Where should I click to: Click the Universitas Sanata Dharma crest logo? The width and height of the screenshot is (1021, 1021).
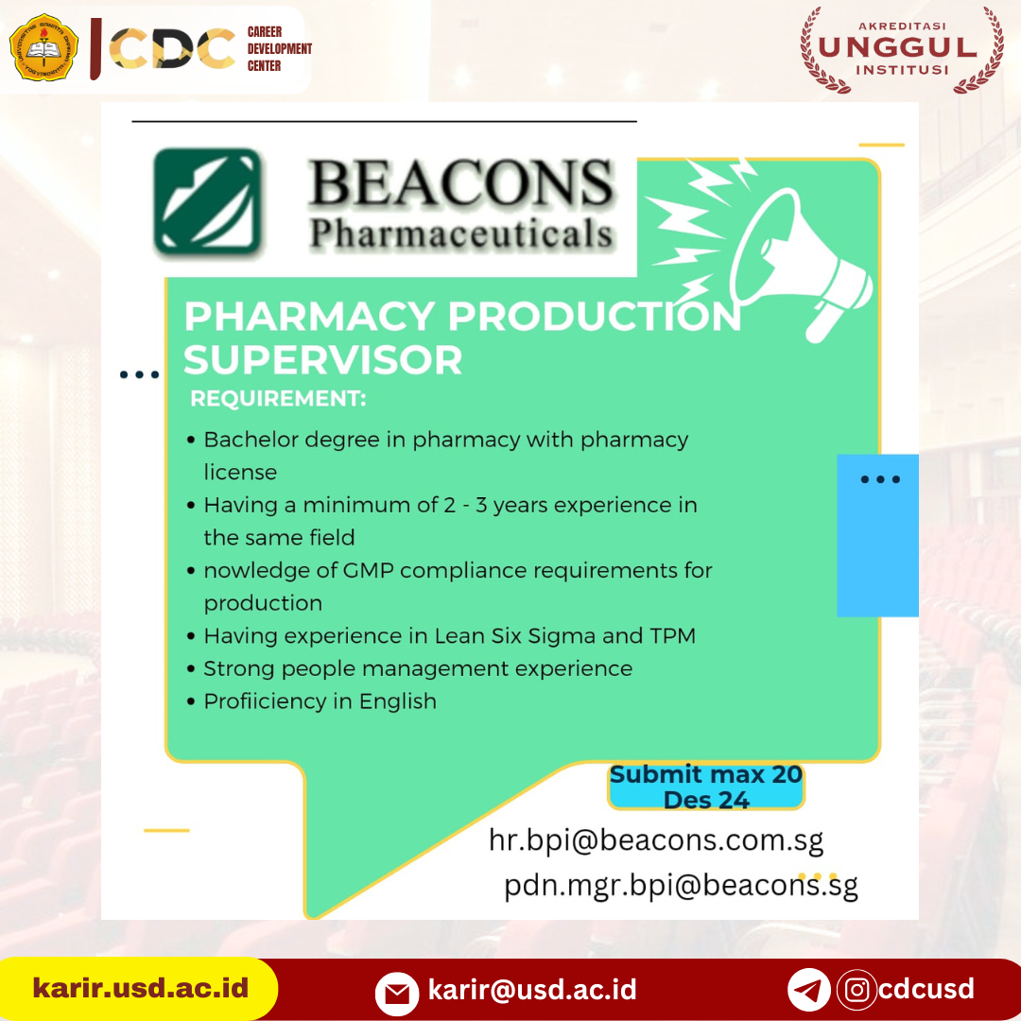point(43,47)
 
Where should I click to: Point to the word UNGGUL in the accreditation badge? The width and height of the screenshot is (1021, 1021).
point(897,47)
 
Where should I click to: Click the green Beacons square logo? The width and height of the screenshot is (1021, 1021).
point(208,200)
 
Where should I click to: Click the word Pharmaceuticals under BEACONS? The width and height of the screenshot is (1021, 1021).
point(461,234)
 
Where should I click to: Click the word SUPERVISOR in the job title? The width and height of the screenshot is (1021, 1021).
point(323,359)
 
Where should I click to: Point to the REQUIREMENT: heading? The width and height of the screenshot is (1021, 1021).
point(278,399)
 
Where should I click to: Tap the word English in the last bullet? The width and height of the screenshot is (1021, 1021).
point(398,701)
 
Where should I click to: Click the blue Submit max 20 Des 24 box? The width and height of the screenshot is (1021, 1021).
point(706,787)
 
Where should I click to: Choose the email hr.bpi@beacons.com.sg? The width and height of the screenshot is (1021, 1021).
point(656,840)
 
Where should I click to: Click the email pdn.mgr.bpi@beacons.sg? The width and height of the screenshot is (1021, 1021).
point(681,886)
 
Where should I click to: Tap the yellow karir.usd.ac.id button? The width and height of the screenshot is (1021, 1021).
point(139,989)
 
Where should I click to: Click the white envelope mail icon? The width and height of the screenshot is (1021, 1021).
point(397,994)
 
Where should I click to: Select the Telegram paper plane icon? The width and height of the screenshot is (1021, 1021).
point(808,990)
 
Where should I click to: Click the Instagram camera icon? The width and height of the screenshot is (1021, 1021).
point(857,990)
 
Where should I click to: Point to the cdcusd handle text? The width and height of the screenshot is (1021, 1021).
point(926,989)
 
